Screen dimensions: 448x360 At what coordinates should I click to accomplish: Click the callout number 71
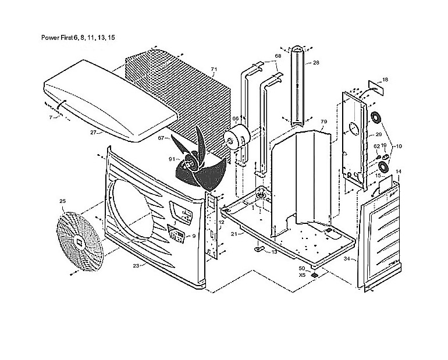214,69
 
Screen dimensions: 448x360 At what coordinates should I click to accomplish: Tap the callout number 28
316,63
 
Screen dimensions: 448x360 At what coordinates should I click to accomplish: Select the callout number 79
323,122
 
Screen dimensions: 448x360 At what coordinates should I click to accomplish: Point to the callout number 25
63,201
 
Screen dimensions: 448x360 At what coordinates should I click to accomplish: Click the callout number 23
136,266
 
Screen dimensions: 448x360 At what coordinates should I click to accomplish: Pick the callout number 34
347,259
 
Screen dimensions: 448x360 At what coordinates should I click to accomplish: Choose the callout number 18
385,80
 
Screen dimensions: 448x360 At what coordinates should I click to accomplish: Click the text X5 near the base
303,275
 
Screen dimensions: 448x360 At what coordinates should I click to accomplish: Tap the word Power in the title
49,37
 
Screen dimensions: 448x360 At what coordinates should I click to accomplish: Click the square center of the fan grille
79,242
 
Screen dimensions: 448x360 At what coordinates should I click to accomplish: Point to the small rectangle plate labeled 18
375,87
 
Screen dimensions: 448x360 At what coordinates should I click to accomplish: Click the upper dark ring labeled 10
376,117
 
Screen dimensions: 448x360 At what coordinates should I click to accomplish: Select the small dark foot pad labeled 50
315,275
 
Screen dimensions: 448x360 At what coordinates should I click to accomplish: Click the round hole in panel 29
354,129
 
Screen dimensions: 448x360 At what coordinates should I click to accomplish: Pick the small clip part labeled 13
259,249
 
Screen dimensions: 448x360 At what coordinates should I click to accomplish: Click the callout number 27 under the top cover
93,133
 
